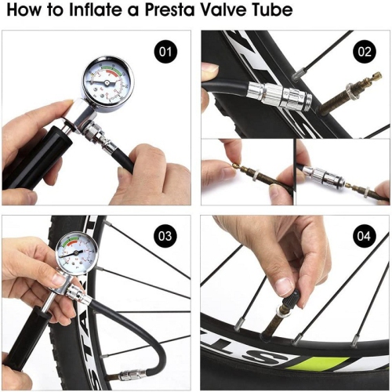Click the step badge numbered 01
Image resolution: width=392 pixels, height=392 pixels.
point(165,53)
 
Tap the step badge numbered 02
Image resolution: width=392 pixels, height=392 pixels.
point(365,53)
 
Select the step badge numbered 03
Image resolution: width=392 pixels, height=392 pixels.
point(165,236)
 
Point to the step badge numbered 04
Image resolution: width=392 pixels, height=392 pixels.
point(365,236)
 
